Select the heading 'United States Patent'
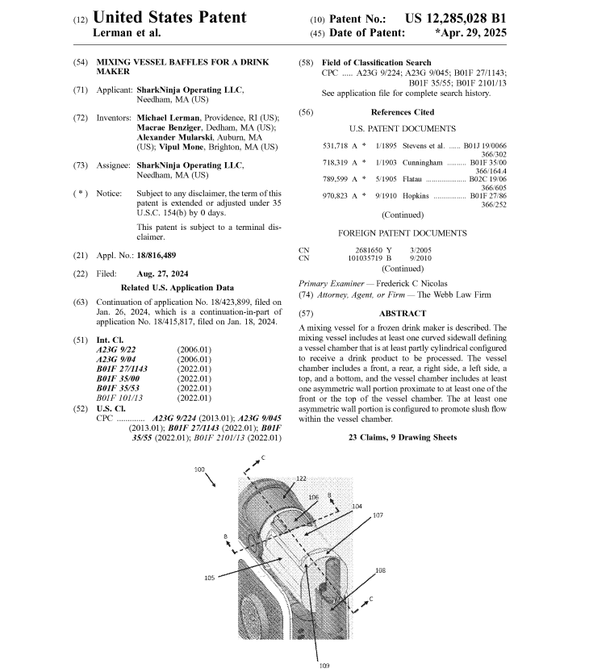[x=170, y=17]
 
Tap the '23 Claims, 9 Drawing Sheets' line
[x=402, y=437]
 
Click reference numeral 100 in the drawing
[x=199, y=469]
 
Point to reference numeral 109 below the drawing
[x=324, y=666]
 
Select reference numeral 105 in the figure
[x=208, y=578]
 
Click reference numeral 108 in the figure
[x=379, y=570]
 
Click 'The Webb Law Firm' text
[x=457, y=295]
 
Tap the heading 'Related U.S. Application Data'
[x=177, y=288]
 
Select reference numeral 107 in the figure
[x=377, y=515]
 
